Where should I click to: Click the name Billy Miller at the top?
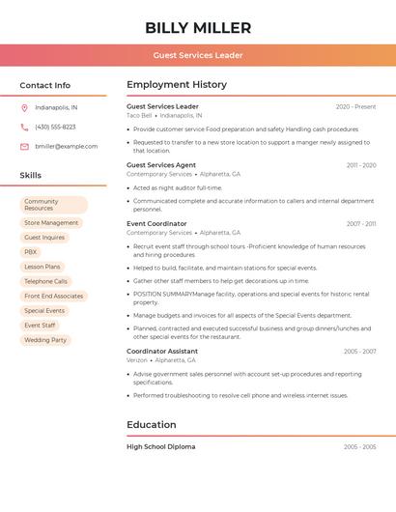[x=198, y=28]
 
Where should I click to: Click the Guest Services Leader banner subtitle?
[x=198, y=55]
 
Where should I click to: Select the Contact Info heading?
[x=45, y=85]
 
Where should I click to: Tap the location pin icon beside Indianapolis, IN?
[x=24, y=107]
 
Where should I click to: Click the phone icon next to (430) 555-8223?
[x=24, y=127]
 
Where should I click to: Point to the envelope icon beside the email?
[x=24, y=146]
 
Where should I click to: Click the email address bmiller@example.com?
[x=66, y=146]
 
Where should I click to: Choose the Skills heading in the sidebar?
[x=31, y=176]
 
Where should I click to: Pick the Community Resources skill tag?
[x=53, y=205]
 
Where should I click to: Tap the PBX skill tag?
[x=31, y=251]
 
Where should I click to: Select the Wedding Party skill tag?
[x=45, y=340]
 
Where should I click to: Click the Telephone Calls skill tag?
[x=45, y=281]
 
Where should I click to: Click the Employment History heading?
[x=177, y=85]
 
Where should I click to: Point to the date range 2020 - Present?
[x=355, y=106]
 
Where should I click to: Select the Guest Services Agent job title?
[x=161, y=165]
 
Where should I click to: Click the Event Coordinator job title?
[x=156, y=223]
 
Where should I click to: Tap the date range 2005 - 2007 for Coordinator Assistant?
[x=359, y=352]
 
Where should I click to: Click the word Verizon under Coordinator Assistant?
[x=137, y=360]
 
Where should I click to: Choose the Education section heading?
[x=152, y=425]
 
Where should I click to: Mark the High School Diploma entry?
[x=160, y=447]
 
